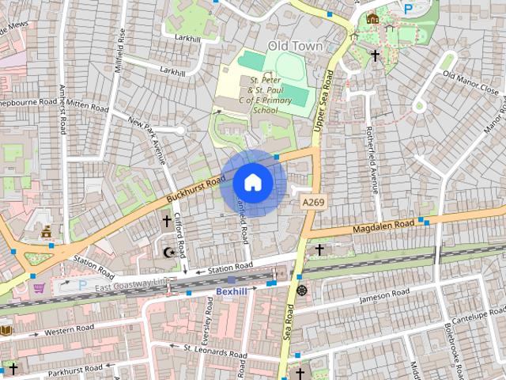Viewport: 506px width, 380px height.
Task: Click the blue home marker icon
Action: coord(252,183)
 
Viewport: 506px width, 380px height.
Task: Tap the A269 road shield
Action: coord(312,203)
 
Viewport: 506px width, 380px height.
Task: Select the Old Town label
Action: coord(296,46)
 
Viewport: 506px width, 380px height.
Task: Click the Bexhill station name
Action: coord(232,292)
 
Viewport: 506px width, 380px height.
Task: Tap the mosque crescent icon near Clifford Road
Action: coord(167,252)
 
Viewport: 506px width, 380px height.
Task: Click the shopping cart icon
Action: coord(39,287)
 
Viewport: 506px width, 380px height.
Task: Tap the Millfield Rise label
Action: coord(121,51)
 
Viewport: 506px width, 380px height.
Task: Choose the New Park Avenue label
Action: coord(147,135)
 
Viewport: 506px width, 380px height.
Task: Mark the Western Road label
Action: coord(69,329)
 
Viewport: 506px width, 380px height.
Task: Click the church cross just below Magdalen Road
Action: coord(319,250)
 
